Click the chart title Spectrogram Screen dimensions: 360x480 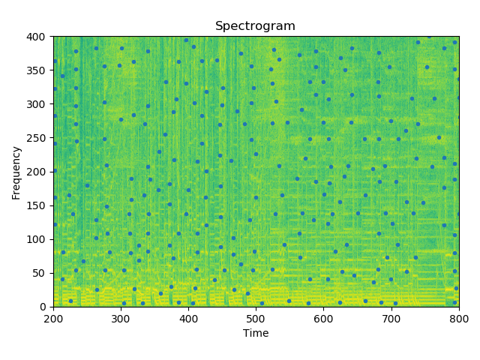tap(255, 26)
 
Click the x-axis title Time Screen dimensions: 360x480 tap(255, 333)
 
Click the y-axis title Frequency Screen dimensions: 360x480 tap(16, 172)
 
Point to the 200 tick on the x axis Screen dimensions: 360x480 tap(53, 317)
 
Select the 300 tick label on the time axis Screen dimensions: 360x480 tap(121, 317)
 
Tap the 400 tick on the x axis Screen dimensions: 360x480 tap(188, 317)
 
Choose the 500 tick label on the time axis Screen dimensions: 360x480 tap(256, 317)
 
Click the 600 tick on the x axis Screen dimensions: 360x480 tap(323, 317)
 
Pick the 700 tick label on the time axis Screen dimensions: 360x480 tap(391, 317)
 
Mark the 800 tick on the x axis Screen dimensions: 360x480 tap(458, 317)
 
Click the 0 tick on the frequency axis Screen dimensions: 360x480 tap(43, 307)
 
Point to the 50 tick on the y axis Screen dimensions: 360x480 tap(40, 273)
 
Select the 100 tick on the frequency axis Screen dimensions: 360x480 tap(38, 239)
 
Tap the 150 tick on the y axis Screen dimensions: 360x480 tap(38, 205)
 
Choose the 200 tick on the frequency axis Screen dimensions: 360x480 tap(38, 172)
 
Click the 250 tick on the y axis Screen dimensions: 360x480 tap(38, 138)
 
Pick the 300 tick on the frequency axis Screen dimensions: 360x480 tap(38, 104)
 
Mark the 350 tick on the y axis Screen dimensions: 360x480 tap(38, 70)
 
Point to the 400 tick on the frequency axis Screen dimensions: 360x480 tap(38, 37)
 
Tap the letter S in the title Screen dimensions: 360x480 tap(218, 26)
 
